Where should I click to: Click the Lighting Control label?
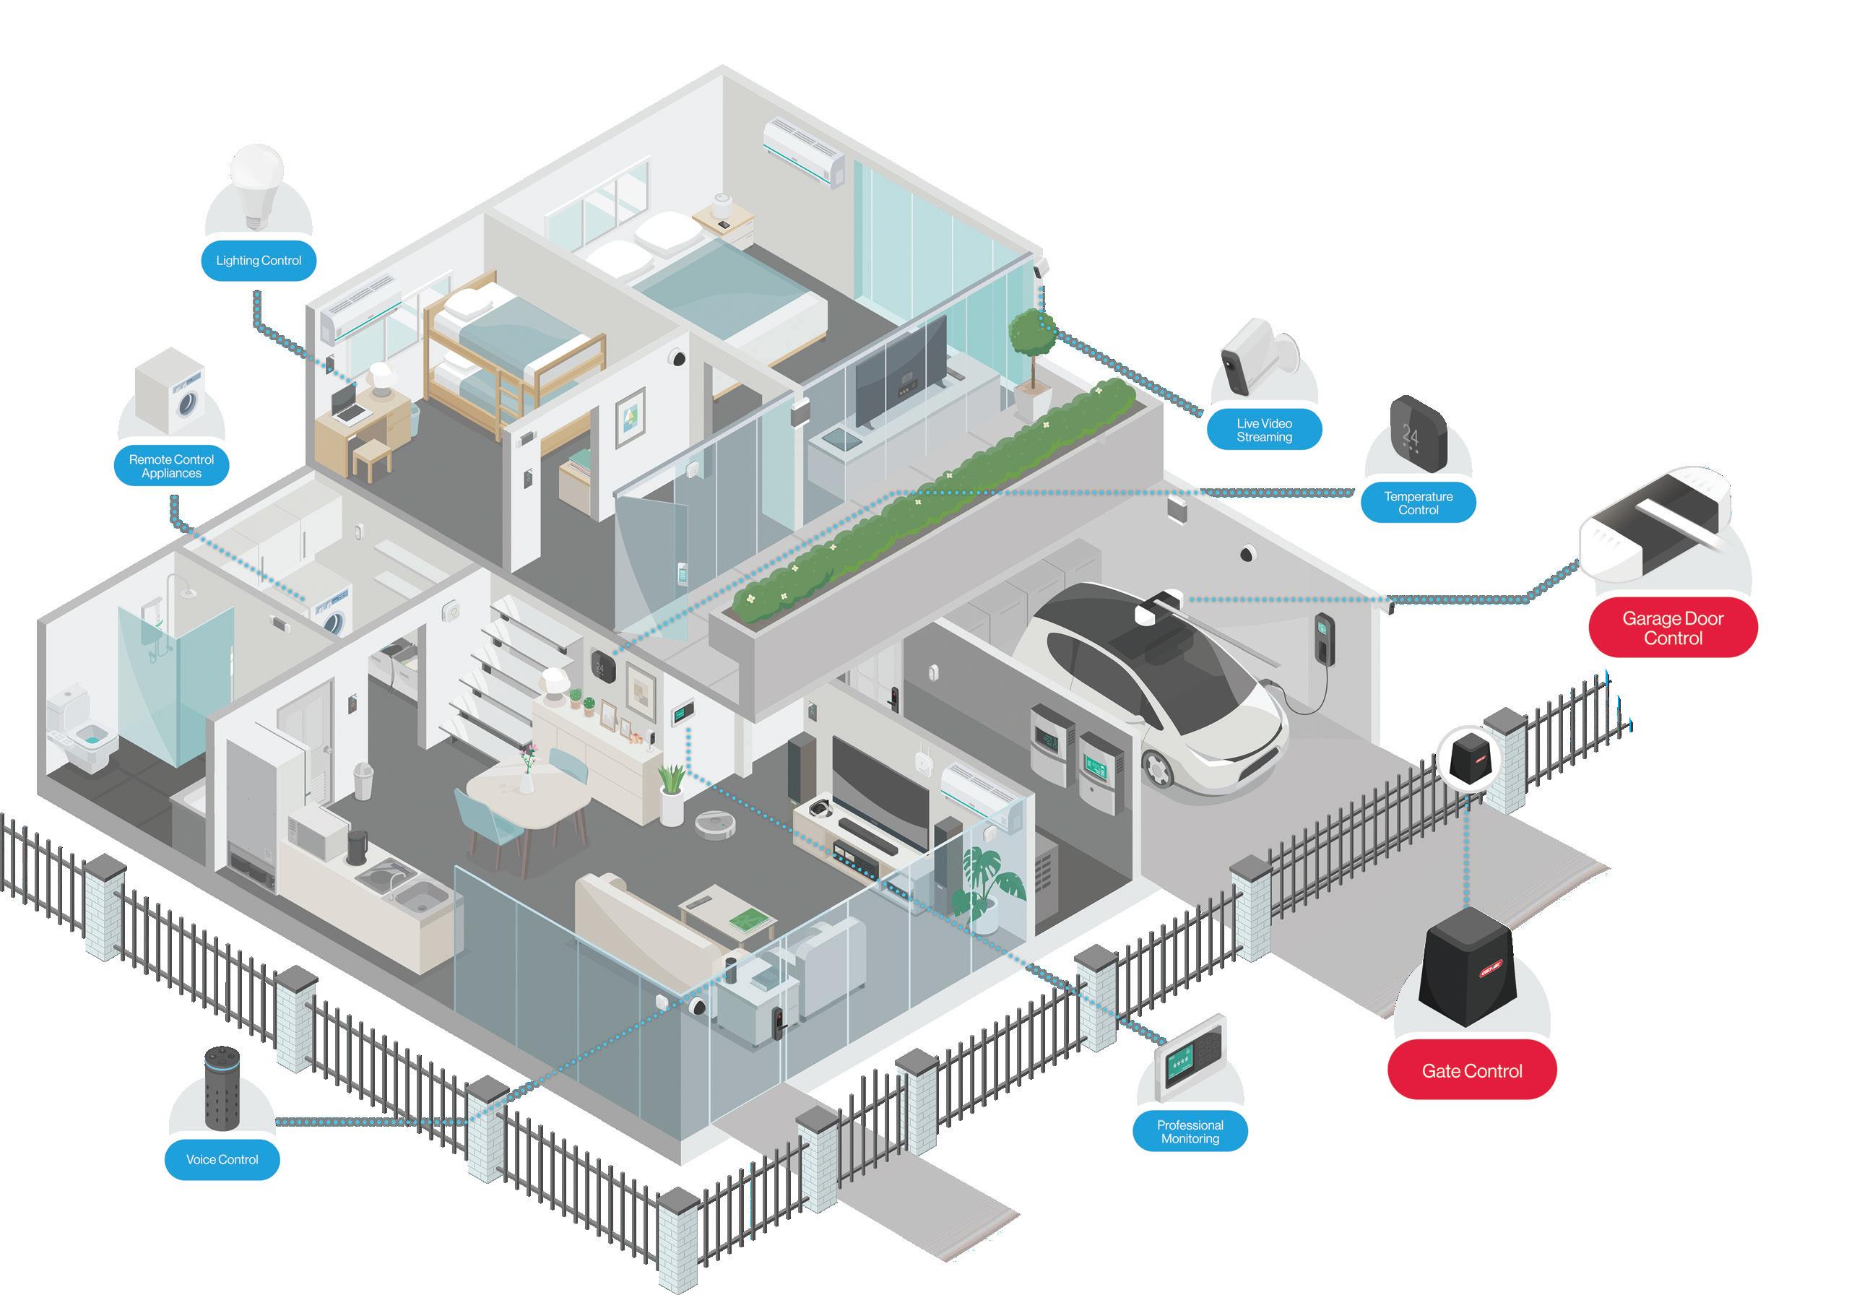tap(258, 260)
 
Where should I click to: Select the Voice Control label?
tap(222, 1160)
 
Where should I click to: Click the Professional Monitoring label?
tap(1190, 1132)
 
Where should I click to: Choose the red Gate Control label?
tap(1471, 1070)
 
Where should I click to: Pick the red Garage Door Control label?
tap(1673, 628)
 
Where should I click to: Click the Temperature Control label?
tap(1418, 503)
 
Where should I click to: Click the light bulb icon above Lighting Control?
tap(257, 185)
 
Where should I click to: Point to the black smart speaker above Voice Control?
tap(222, 1087)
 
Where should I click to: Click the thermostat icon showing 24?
tap(1418, 433)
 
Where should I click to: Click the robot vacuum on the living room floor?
tap(716, 824)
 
